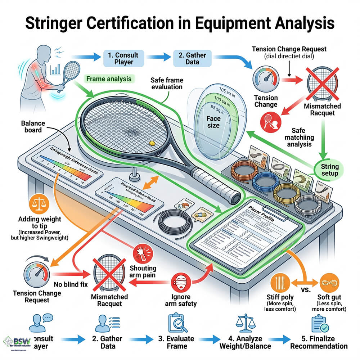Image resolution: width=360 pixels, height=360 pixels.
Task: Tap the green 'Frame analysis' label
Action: click(x=108, y=78)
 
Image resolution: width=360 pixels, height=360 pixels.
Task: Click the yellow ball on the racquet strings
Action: click(x=152, y=143)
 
